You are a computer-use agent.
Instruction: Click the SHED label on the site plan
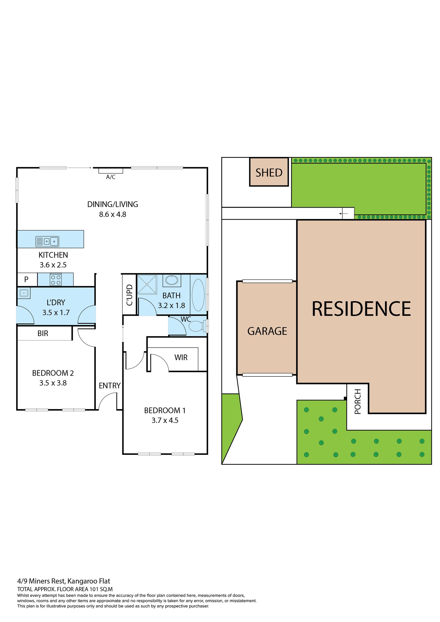269,173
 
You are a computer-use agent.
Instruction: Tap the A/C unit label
111,177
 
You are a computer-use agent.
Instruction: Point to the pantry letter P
26,279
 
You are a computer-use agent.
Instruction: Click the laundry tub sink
24,293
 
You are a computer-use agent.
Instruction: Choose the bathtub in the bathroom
198,295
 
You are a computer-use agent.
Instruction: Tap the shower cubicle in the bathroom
147,284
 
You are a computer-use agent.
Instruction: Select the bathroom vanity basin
172,280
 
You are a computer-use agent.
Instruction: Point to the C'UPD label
130,295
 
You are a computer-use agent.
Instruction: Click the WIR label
181,357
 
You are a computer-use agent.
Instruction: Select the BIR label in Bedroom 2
43,334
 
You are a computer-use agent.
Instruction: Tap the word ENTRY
109,386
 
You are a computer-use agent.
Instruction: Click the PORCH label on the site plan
357,401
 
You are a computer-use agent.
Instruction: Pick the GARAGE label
267,331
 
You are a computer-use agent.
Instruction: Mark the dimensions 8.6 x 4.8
112,214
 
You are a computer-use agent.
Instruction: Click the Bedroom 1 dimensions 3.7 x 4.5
165,420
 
